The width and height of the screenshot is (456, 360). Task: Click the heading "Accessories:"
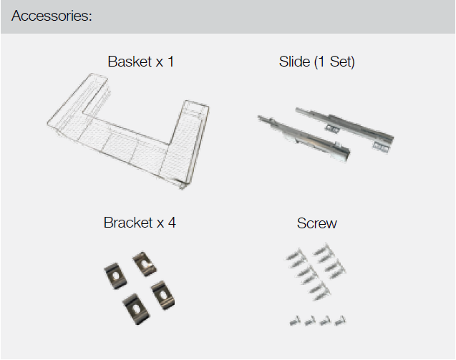tap(52, 16)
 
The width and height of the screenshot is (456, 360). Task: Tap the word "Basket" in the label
tap(130, 62)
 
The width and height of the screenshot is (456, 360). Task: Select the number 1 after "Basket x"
tap(170, 62)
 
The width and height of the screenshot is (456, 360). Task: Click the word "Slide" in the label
tap(294, 62)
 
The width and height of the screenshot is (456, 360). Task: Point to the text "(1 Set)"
tap(334, 62)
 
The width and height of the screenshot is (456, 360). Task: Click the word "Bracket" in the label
tap(127, 223)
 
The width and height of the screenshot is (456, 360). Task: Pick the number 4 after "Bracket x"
tap(172, 223)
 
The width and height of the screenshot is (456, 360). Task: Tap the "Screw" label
tap(316, 223)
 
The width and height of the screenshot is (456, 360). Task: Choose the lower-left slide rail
tap(304, 137)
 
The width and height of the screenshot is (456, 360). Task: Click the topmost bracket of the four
tap(145, 264)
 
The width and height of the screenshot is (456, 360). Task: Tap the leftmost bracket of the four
tap(115, 276)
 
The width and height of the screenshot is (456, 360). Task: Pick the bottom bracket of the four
tap(137, 308)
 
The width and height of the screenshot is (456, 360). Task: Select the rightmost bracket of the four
tap(163, 296)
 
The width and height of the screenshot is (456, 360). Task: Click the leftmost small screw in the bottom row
tap(295, 321)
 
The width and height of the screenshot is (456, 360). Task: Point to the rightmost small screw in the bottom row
tap(340, 321)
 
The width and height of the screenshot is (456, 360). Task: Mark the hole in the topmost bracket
tap(145, 263)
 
